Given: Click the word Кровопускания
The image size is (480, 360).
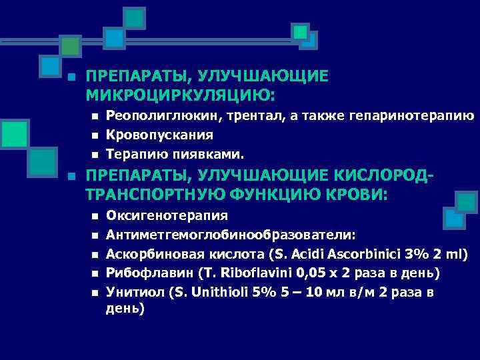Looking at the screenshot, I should pos(160,135).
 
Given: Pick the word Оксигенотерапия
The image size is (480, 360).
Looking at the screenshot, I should pos(167,216).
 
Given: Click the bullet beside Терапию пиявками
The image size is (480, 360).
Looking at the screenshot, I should pos(95,155).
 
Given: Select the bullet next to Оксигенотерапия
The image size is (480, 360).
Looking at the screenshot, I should pos(95,217).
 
